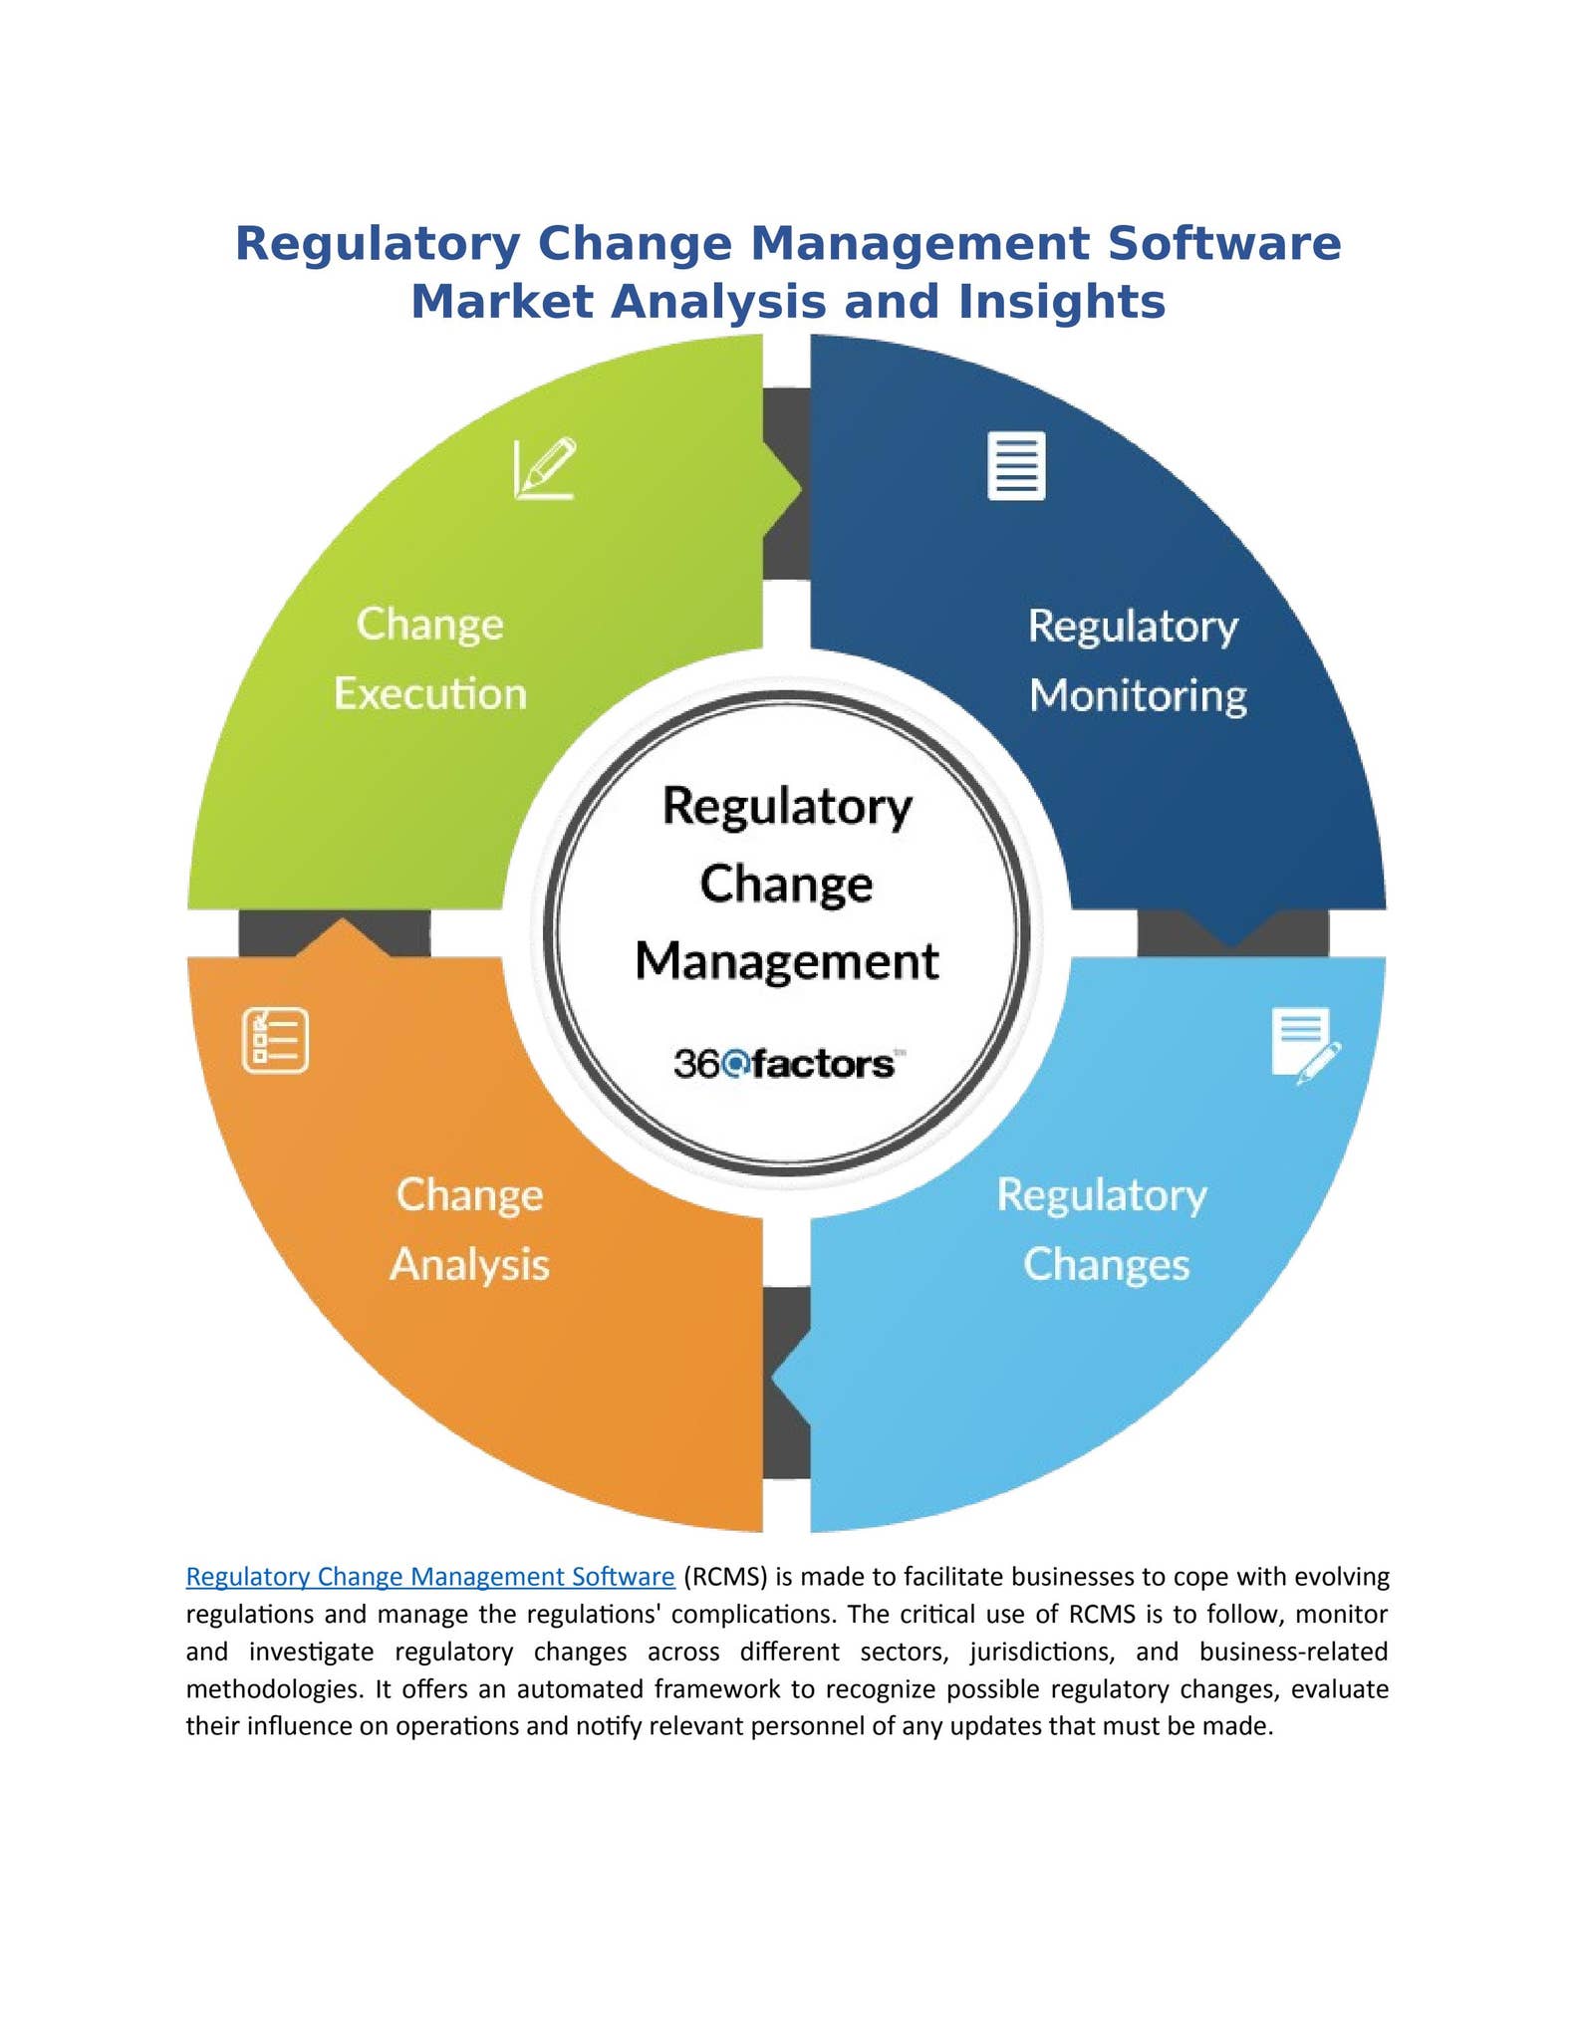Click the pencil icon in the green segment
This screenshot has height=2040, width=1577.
tap(545, 467)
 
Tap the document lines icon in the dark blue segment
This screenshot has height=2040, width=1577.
tap(1016, 465)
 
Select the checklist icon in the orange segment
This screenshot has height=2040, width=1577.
tap(275, 1040)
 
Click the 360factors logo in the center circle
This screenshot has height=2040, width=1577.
tap(784, 1064)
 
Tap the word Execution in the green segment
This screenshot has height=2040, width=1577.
tap(430, 693)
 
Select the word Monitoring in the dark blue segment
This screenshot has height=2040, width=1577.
tap(1138, 695)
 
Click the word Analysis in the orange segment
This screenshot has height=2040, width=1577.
tap(469, 1264)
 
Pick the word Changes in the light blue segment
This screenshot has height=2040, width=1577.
tap(1106, 1264)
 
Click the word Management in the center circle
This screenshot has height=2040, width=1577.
tap(787, 961)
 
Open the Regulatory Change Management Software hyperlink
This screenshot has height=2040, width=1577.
tap(430, 1577)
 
